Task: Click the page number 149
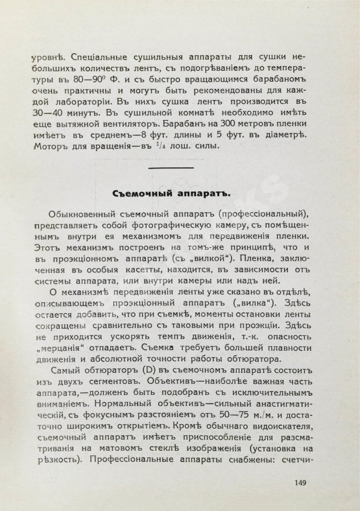(x=300, y=482)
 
